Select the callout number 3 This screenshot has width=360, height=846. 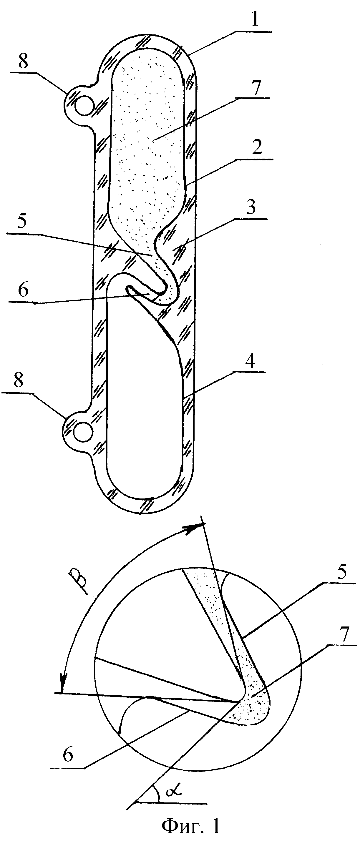[251, 207]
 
